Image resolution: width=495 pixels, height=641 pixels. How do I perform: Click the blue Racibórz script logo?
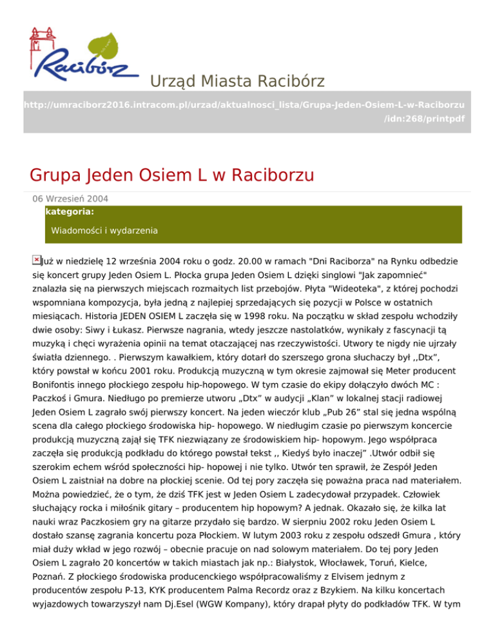pos(84,64)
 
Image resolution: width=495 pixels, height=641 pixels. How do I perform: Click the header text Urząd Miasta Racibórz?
pos(237,82)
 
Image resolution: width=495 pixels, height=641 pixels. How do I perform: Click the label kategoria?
pos(70,211)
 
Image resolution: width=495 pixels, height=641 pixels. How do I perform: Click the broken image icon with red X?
pos(37,259)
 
